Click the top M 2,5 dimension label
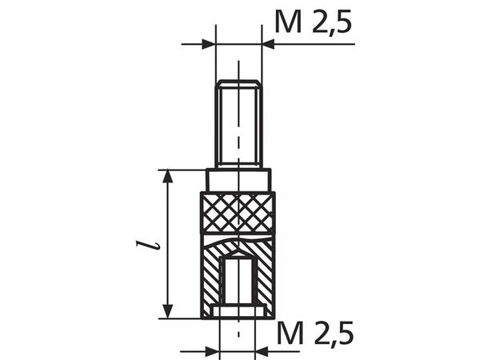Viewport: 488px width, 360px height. (x=313, y=22)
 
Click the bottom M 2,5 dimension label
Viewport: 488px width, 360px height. (x=315, y=334)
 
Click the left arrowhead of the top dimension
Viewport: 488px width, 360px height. (x=209, y=44)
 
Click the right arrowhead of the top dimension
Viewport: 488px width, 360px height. (x=268, y=44)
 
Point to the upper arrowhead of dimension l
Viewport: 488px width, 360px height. (x=167, y=176)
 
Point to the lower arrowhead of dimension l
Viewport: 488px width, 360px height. (x=167, y=312)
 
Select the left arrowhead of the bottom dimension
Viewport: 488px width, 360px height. (x=212, y=351)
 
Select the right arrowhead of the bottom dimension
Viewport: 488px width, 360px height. (x=262, y=351)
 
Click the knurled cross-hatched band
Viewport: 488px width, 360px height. (x=238, y=213)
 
